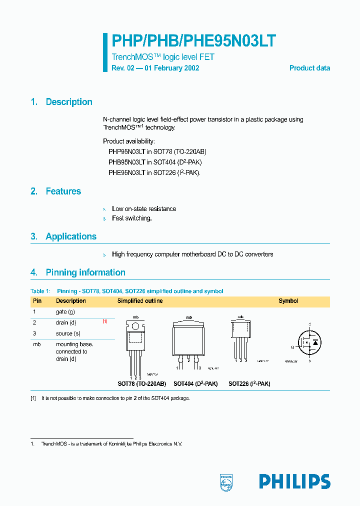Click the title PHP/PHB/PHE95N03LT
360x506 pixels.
click(x=193, y=41)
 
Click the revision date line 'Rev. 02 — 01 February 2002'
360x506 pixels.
click(x=155, y=68)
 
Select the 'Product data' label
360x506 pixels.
click(x=309, y=68)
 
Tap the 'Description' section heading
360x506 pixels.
click(x=68, y=102)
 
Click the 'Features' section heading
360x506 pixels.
click(x=63, y=191)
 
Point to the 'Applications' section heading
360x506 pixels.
click(x=70, y=236)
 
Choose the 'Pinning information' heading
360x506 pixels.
click(x=85, y=272)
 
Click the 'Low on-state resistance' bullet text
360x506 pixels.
click(x=143, y=209)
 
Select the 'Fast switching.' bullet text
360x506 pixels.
click(x=131, y=218)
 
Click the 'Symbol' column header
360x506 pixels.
click(x=288, y=301)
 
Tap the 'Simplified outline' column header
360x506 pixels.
click(x=140, y=301)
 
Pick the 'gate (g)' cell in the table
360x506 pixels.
click(x=65, y=312)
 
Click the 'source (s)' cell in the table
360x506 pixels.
click(x=67, y=333)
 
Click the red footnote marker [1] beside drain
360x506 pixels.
click(x=105, y=322)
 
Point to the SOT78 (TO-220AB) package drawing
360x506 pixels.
click(x=134, y=345)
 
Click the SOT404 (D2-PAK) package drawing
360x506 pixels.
click(x=189, y=342)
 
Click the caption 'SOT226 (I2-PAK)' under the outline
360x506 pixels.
click(x=249, y=384)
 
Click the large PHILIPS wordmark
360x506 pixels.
click(x=294, y=481)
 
